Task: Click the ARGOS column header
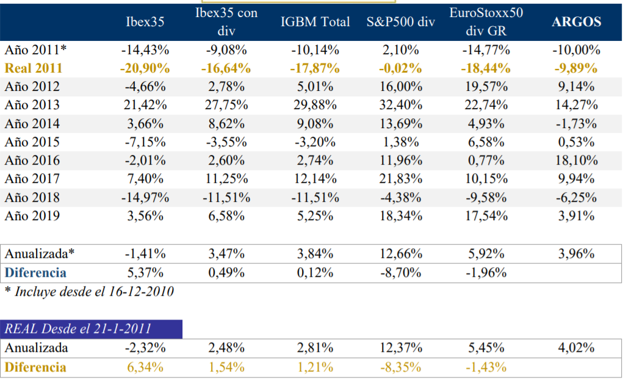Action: pos(576,22)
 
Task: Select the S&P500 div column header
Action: pos(400,22)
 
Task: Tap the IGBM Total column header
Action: pos(315,22)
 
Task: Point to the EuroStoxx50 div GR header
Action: pos(486,22)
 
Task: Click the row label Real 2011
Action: pos(34,68)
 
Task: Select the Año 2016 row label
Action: pos(32,160)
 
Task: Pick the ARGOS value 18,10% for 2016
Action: pos(576,160)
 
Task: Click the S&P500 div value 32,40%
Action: pos(400,106)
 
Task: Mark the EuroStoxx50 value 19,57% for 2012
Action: pos(486,87)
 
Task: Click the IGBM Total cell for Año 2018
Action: pos(315,197)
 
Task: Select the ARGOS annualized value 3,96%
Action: pos(576,254)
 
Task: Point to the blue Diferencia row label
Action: pos(35,273)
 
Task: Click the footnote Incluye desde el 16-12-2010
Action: pos(89,292)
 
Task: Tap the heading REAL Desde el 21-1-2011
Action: pos(77,329)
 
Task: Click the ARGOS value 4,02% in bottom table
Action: pos(576,348)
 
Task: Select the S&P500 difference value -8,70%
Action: pos(400,273)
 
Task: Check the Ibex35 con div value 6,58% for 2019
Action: pos(227,215)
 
